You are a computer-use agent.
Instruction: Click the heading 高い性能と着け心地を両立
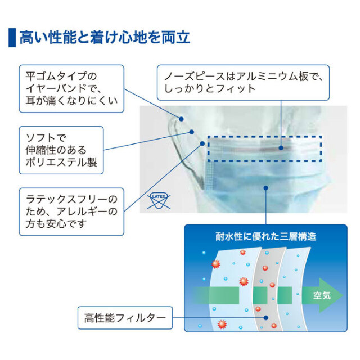click(105, 38)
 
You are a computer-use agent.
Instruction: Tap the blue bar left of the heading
click(12, 38)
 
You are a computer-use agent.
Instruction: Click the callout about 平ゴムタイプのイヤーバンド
click(71, 89)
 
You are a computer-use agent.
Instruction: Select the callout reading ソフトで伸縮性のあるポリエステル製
click(61, 150)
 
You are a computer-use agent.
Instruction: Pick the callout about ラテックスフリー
click(71, 211)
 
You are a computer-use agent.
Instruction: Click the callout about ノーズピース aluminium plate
click(243, 83)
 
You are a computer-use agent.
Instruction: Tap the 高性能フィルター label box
click(125, 318)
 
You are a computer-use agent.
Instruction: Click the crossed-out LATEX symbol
click(159, 200)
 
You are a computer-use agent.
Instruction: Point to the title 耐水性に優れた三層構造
click(265, 236)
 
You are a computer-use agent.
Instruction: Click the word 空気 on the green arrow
click(322, 295)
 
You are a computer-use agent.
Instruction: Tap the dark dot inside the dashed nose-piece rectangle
click(281, 148)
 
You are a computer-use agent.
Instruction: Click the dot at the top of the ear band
click(181, 119)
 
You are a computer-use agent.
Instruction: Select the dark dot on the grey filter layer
click(266, 318)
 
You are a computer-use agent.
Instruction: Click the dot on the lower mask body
click(266, 188)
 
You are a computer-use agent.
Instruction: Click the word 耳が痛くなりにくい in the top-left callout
click(71, 101)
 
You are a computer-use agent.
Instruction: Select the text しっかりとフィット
click(210, 88)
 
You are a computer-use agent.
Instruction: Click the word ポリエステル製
click(61, 162)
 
